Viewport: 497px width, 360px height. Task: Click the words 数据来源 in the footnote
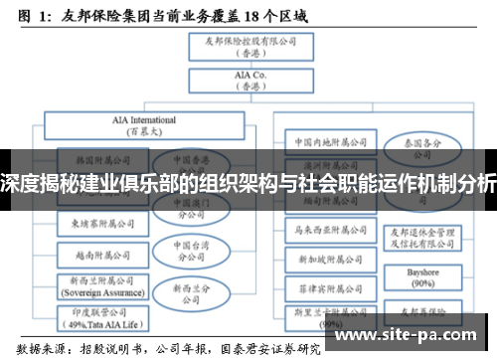(27, 349)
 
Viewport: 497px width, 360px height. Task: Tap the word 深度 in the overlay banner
(19, 184)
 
